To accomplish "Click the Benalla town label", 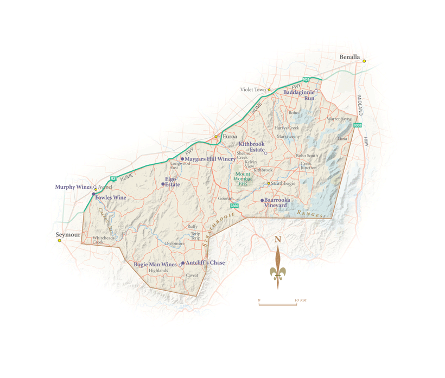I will (x=349, y=56).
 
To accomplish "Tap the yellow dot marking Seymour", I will (x=60, y=240).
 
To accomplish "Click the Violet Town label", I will (x=253, y=89).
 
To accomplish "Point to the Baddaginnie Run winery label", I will (x=300, y=95).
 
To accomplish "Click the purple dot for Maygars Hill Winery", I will (x=182, y=159).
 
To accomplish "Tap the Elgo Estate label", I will (x=172, y=182).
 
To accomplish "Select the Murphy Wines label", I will (x=73, y=187).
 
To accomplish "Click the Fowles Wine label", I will (x=111, y=197).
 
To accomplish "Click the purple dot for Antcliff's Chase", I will (x=183, y=263).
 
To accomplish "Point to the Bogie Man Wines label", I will (x=155, y=265).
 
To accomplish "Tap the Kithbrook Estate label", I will (x=251, y=147).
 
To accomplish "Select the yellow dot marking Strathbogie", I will (x=269, y=183).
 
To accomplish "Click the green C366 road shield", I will (x=234, y=206).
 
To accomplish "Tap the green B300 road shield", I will (x=357, y=125).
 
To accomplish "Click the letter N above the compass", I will (x=278, y=239).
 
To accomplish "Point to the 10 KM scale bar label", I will (x=301, y=300).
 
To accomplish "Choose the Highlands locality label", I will (x=158, y=271).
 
